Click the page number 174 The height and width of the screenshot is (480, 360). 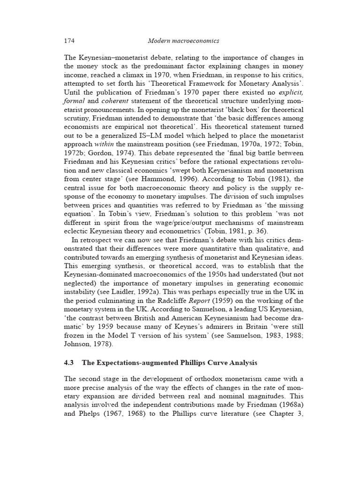point(69,41)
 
